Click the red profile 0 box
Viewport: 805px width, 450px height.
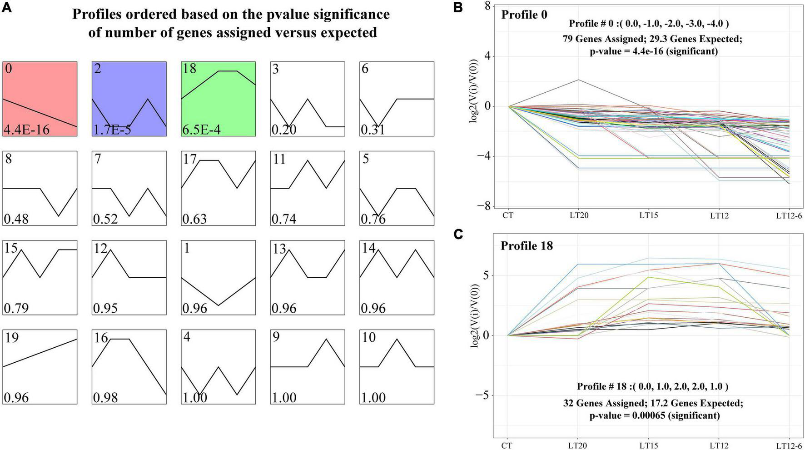coord(40,99)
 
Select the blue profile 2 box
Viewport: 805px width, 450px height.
coord(129,99)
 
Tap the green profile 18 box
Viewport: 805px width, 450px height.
coord(218,99)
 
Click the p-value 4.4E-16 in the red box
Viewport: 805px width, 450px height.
coord(26,130)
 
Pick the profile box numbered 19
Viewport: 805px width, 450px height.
coord(40,367)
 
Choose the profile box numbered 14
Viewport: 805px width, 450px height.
coord(397,277)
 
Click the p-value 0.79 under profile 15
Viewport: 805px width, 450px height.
coord(16,309)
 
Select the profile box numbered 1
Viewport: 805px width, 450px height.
coord(218,277)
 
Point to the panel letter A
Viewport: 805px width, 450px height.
coord(6,8)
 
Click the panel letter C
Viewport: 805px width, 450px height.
coord(458,234)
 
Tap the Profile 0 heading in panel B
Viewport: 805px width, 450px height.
coord(524,15)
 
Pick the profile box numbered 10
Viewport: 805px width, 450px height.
coord(397,367)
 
